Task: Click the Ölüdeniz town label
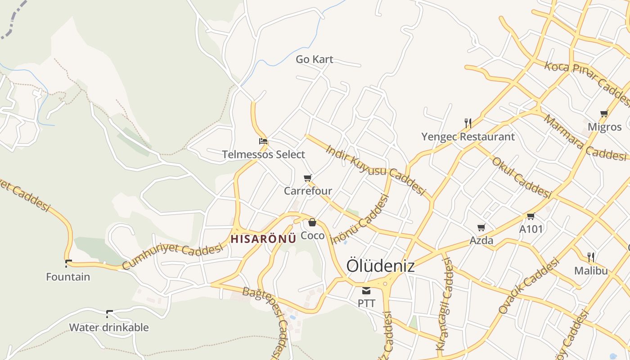point(380,265)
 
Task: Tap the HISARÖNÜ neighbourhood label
point(263,239)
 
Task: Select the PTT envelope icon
point(366,291)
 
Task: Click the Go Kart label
point(314,59)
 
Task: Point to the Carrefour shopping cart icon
point(308,178)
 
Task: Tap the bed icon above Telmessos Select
point(263,141)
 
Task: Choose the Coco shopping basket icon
point(312,222)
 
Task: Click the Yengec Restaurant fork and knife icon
point(468,123)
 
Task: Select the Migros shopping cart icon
point(604,113)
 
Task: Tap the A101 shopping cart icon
point(531,216)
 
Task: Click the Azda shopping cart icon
point(481,228)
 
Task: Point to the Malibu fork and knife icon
point(591,257)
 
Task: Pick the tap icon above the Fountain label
point(68,263)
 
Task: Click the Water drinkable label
point(109,327)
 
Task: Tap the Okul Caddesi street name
point(521,178)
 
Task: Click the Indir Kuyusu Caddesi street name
point(375,170)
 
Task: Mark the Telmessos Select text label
point(263,155)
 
